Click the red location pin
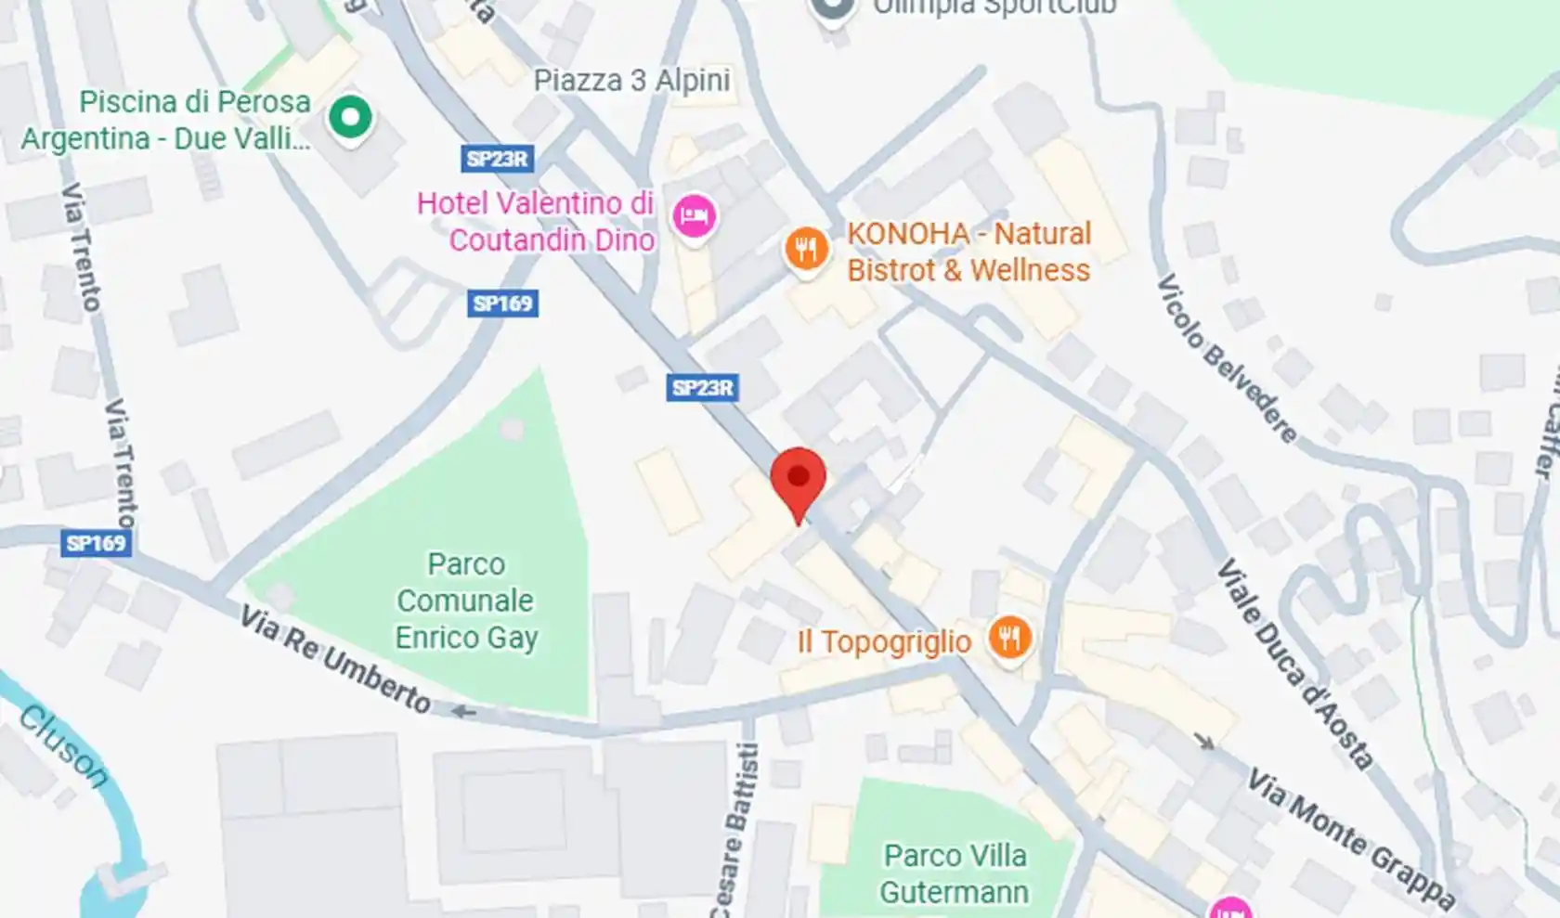click(x=798, y=479)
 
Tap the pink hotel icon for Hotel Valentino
click(x=694, y=217)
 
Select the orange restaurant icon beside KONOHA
click(x=806, y=250)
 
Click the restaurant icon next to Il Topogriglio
click(x=1008, y=639)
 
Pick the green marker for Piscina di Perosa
click(x=350, y=118)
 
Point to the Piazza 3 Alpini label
click(x=631, y=81)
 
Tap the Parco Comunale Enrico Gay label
click(x=466, y=601)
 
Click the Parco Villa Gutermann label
click(x=955, y=873)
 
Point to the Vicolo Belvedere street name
click(x=1227, y=358)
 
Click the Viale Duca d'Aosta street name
click(x=1295, y=664)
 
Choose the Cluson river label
click(x=62, y=746)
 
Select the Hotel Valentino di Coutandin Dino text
click(x=537, y=221)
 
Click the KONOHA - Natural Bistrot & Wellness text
click(x=968, y=252)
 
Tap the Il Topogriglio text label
click(x=884, y=641)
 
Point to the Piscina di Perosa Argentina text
click(x=165, y=120)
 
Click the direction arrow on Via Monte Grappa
click(x=1203, y=741)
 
